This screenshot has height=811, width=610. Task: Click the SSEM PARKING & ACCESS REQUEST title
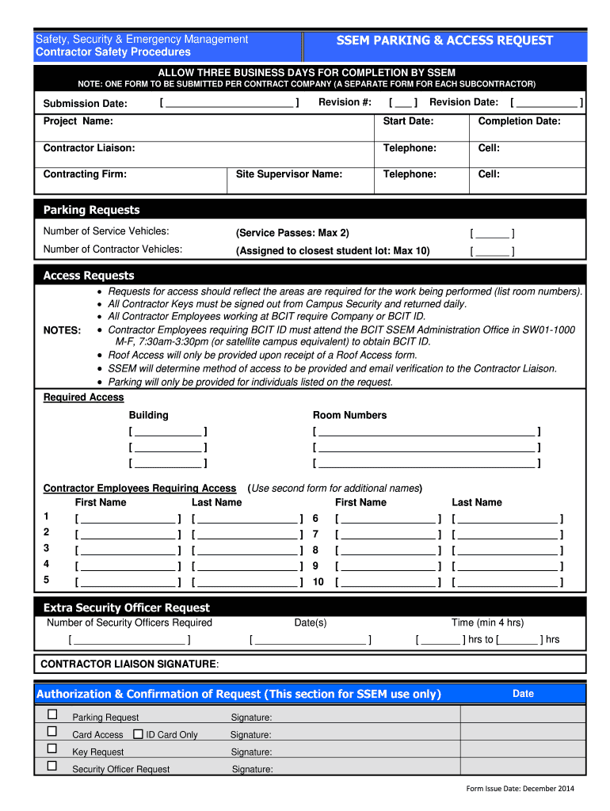coord(444,40)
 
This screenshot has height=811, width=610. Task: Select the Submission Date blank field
coord(229,103)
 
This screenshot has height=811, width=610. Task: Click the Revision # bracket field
coord(402,103)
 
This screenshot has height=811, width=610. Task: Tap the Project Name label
coord(78,121)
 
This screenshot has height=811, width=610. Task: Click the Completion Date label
coord(519,121)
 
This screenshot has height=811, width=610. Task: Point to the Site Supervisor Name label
coord(289,174)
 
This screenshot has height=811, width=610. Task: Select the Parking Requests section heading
coord(91,210)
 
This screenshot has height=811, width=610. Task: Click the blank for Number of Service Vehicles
coord(492,234)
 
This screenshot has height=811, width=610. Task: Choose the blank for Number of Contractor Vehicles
coord(492,252)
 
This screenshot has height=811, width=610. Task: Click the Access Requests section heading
coord(89,276)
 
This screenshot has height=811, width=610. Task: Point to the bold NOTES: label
coord(62,330)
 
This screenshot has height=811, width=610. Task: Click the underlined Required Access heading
coord(83,398)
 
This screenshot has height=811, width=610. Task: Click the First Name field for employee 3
coord(128,550)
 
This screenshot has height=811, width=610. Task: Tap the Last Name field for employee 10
coord(507,583)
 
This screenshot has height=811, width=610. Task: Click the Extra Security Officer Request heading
coord(127,607)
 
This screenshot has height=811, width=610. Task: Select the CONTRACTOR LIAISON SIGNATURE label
coord(128,664)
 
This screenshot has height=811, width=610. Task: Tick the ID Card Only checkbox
coord(138,734)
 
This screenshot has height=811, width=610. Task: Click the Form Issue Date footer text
coord(520,789)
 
